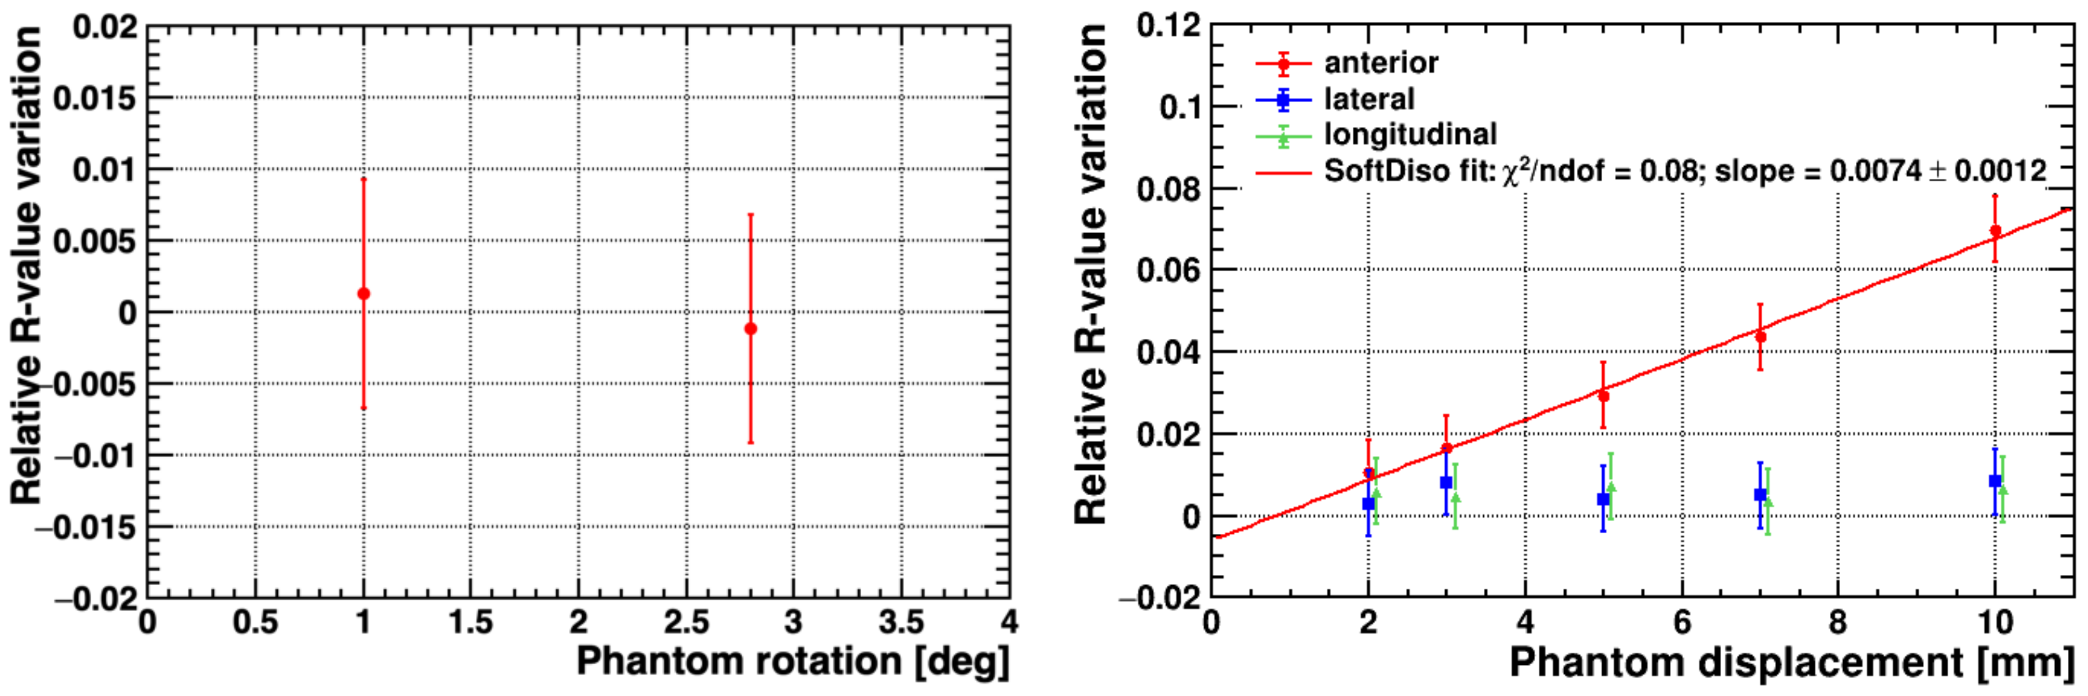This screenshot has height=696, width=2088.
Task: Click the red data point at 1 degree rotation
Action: tap(363, 293)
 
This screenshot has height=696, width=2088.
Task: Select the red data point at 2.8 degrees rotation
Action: tap(750, 328)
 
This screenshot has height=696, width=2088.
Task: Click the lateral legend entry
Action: tap(1368, 99)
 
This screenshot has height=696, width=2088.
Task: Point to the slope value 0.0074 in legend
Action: tap(1874, 171)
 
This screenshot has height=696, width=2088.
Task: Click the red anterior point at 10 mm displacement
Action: tap(1996, 230)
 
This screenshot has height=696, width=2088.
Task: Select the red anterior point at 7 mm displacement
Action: tap(1761, 336)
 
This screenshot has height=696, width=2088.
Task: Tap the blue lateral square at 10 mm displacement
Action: tap(1995, 481)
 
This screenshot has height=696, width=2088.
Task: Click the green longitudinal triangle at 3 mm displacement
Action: tap(1456, 498)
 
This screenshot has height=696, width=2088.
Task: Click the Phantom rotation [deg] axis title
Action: tap(792, 661)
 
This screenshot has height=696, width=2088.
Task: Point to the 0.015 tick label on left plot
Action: tap(95, 99)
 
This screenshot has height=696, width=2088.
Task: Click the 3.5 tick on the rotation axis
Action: tap(902, 622)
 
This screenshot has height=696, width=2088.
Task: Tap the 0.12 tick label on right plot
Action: tap(1168, 25)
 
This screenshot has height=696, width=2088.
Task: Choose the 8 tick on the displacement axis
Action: tap(1837, 622)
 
